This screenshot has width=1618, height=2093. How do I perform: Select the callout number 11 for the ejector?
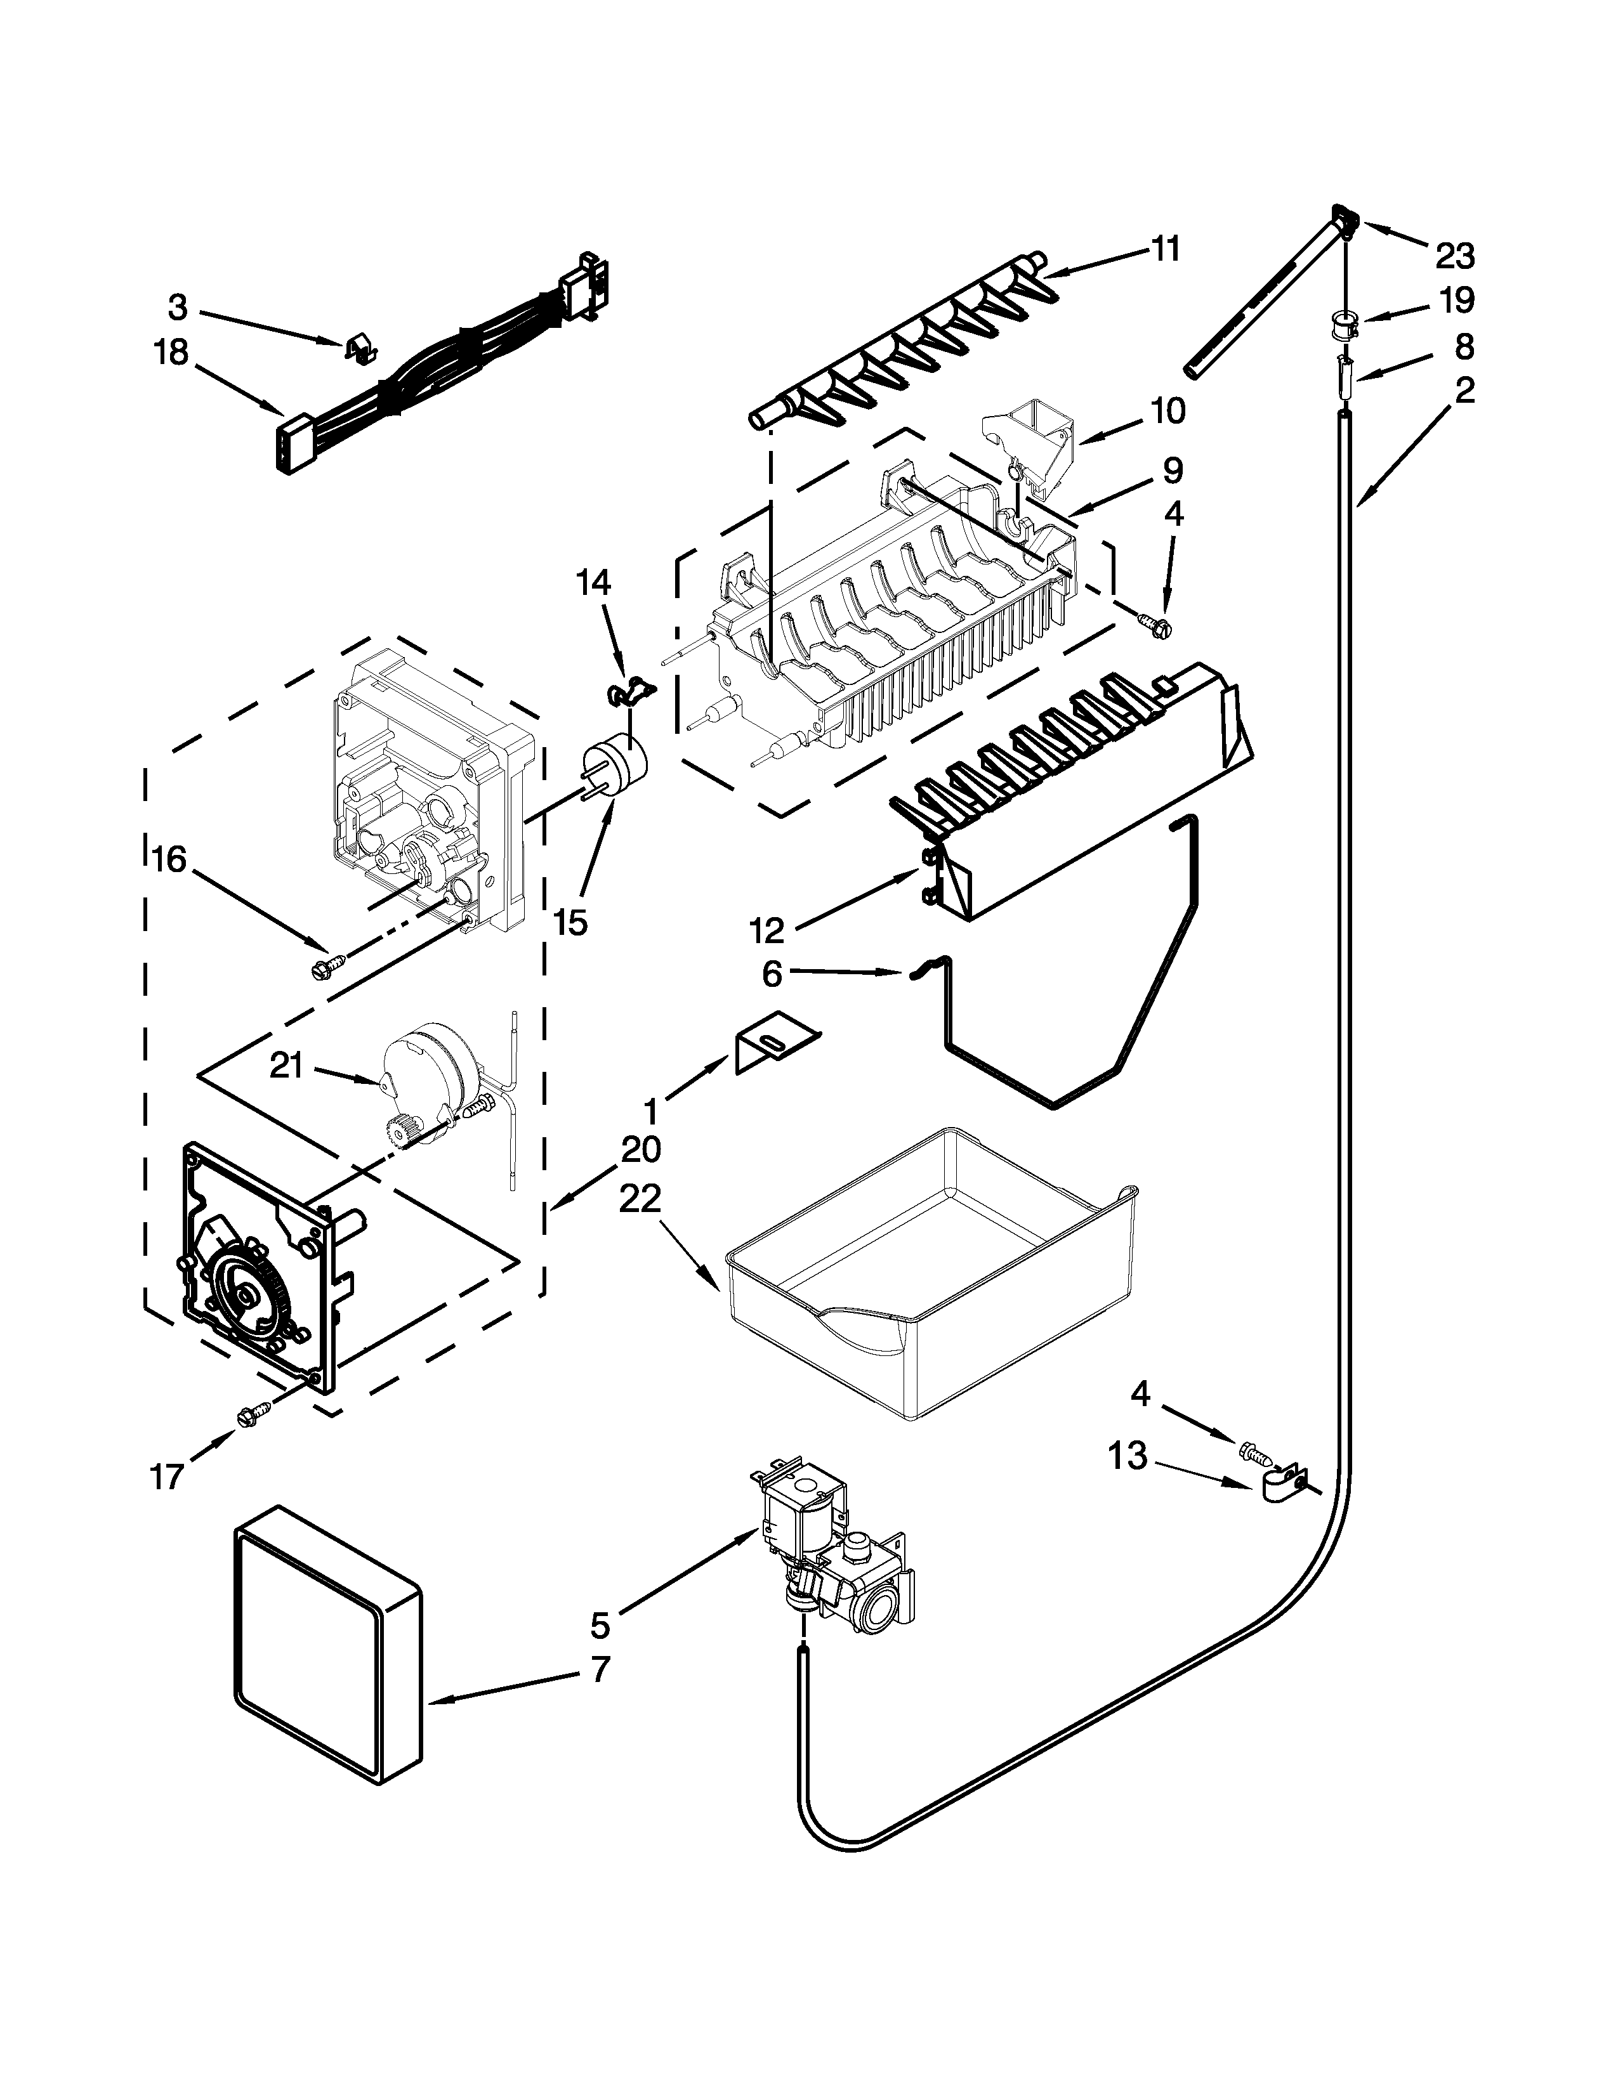tap(1164, 249)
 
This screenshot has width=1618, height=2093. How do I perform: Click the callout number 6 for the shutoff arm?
tap(773, 975)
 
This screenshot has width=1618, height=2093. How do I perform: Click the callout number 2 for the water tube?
tap(1463, 391)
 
